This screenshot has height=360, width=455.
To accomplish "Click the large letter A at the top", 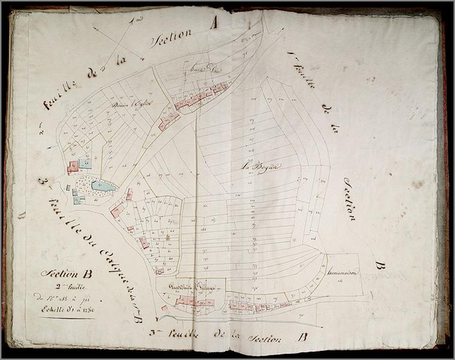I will pos(213,23).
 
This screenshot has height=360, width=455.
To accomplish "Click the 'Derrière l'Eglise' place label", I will pos(132,104).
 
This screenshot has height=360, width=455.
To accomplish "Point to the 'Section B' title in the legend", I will pos(67,274).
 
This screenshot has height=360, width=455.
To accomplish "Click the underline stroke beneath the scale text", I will pos(66,317).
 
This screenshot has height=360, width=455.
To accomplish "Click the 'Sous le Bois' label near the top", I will pos(206,70).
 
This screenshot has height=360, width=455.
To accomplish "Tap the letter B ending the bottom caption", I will pos(303,337).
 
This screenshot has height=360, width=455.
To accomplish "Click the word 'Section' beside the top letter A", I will pos(172,37).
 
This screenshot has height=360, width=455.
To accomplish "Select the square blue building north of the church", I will pos(85,163).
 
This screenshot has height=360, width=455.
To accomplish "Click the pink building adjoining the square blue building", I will pos(73,166).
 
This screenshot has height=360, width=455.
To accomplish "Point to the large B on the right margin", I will pos(379,265).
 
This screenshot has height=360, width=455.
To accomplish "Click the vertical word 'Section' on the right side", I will pos(349,198).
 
